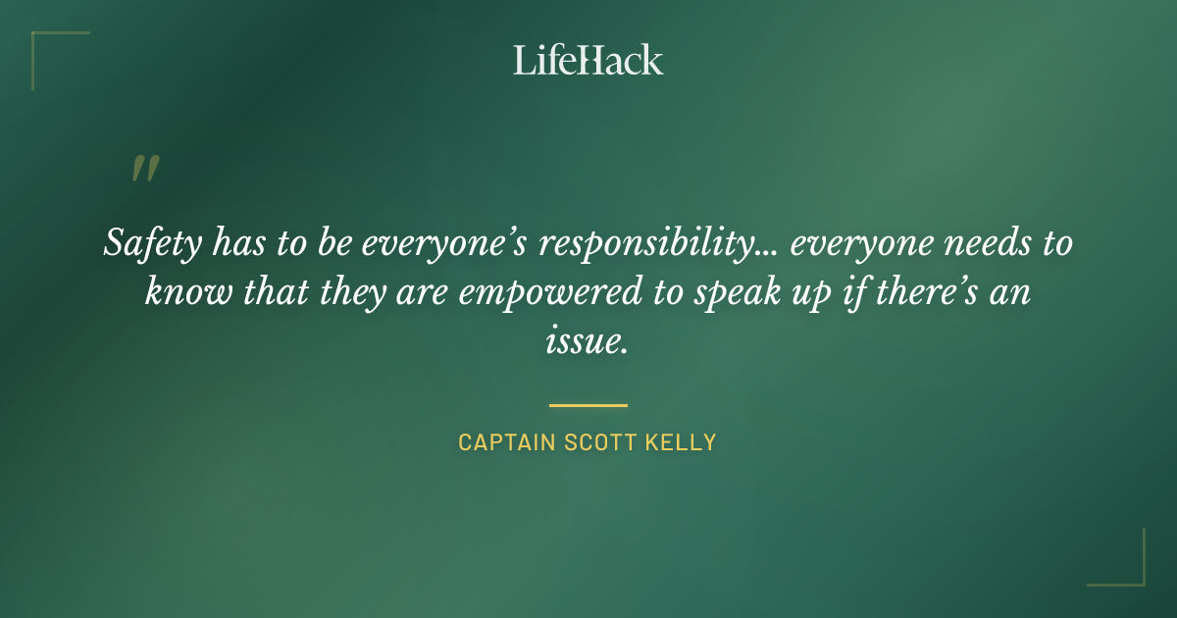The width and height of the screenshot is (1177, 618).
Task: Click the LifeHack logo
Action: [588, 60]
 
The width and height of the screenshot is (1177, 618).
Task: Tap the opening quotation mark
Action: [144, 170]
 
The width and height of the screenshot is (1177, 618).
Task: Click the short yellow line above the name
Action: [588, 404]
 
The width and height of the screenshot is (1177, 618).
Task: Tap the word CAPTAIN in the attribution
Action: [506, 442]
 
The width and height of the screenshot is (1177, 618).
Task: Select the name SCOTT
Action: [601, 442]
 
